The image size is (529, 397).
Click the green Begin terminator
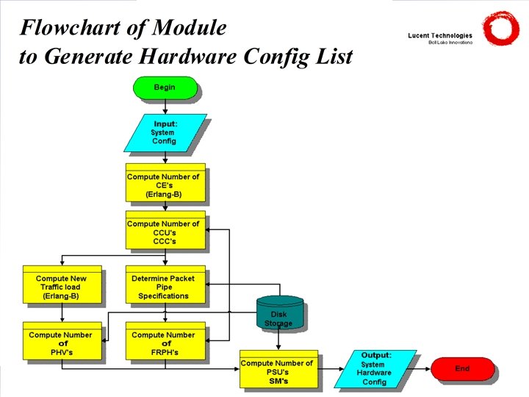pyautogui.click(x=165, y=87)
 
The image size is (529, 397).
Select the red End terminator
pyautogui.click(x=462, y=368)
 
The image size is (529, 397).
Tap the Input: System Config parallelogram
pyautogui.click(x=165, y=132)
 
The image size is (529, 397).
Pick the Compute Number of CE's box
pyautogui.click(x=165, y=184)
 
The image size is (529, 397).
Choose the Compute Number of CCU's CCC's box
pyautogui.click(x=165, y=231)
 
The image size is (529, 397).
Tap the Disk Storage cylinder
pyautogui.click(x=279, y=313)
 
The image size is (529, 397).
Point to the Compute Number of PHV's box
pyautogui.click(x=62, y=343)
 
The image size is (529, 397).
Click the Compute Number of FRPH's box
pyautogui.click(x=165, y=343)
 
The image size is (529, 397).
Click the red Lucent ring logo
pyautogui.click(x=500, y=29)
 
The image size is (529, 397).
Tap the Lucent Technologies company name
pyautogui.click(x=440, y=35)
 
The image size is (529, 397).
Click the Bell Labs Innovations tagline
pyautogui.click(x=450, y=43)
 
